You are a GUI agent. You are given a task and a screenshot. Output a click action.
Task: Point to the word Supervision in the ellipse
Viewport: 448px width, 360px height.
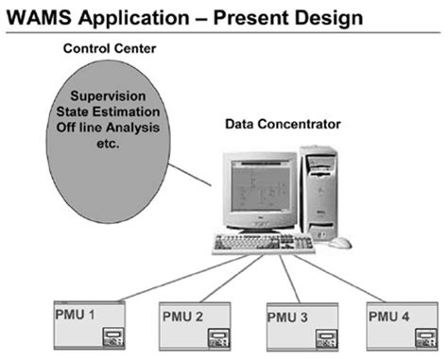click(x=112, y=97)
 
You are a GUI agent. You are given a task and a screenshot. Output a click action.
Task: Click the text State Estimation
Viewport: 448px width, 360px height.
click(x=112, y=112)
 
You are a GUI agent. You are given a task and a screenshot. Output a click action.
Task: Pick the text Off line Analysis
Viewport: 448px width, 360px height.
click(x=112, y=128)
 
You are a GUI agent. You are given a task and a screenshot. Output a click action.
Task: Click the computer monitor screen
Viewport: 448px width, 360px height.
click(x=256, y=190)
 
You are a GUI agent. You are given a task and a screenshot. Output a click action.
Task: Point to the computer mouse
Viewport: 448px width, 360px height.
click(x=340, y=243)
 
